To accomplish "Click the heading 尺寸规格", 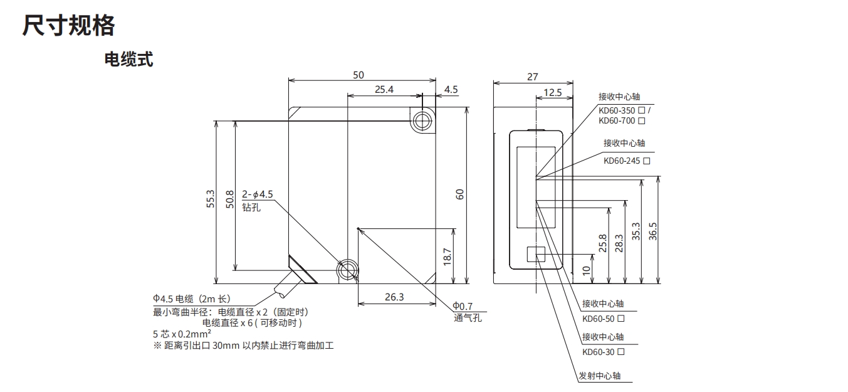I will click(x=69, y=26).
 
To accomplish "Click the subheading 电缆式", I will click(x=128, y=60).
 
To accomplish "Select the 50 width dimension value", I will click(x=358, y=75).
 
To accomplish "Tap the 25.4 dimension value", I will click(x=384, y=90).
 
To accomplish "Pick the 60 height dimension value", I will click(x=459, y=194).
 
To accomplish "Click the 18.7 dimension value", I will click(x=447, y=256).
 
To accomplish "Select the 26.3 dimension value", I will click(x=394, y=297).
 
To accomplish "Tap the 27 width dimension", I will click(x=532, y=77).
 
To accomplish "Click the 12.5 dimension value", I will click(x=552, y=93).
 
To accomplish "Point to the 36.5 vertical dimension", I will click(x=652, y=230).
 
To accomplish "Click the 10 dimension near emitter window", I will click(x=586, y=269).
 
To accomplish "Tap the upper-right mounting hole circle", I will click(x=422, y=120).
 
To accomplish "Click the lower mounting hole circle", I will click(x=346, y=271).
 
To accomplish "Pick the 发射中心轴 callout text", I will click(x=600, y=376).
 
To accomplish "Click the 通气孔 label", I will click(x=468, y=317).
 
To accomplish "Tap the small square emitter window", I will click(x=536, y=254).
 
